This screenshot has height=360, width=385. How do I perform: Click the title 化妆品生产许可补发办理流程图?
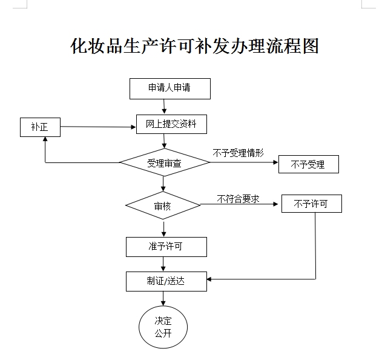(194, 46)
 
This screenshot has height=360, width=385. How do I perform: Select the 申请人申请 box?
(169, 88)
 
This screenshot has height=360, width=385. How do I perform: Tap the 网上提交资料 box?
(171, 124)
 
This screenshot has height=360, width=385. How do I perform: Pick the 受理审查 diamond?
(163, 162)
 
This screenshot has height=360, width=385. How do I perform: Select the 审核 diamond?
(163, 206)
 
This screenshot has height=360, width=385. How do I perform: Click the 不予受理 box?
(308, 164)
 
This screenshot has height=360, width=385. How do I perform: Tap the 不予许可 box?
(311, 204)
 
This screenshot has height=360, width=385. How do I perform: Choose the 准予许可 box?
(166, 246)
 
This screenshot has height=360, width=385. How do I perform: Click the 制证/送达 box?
(166, 281)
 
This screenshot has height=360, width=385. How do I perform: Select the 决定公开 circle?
(163, 327)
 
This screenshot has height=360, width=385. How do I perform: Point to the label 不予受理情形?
(238, 153)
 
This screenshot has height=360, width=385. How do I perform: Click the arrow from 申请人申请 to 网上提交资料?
(164, 106)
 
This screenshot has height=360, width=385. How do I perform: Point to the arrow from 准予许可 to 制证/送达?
(164, 264)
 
